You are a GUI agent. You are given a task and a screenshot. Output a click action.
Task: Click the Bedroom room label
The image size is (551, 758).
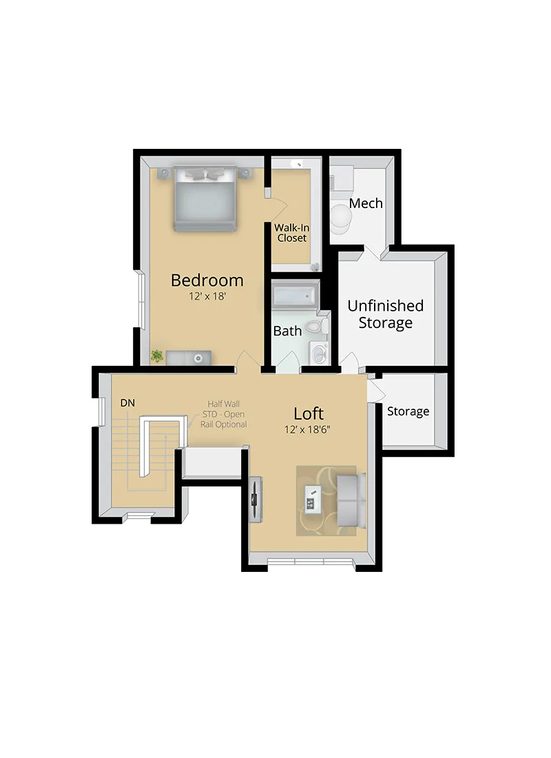(x=207, y=280)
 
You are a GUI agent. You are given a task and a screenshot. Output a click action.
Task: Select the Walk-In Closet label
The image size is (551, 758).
(x=291, y=232)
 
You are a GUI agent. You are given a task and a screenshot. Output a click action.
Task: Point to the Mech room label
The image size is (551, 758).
(x=366, y=203)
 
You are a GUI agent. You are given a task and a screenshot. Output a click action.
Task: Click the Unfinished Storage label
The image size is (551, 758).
(x=385, y=314)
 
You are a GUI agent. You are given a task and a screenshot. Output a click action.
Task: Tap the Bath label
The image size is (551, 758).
(x=287, y=331)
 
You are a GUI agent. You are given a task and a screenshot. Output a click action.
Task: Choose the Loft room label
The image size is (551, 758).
(x=308, y=413)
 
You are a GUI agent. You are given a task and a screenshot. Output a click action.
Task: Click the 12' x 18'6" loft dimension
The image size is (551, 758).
(x=309, y=429)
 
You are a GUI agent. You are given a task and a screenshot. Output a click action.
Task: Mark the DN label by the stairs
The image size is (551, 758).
(x=127, y=402)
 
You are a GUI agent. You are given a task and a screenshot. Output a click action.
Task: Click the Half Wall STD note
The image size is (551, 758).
(x=227, y=414)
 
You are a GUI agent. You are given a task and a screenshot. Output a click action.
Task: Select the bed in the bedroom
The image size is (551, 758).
(x=205, y=200)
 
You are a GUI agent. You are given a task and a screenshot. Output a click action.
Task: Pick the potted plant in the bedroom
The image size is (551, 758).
(x=158, y=356)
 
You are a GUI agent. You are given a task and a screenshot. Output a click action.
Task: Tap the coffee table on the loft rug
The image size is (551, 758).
(x=313, y=498)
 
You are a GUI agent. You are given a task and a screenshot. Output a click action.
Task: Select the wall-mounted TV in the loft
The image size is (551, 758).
(x=256, y=499)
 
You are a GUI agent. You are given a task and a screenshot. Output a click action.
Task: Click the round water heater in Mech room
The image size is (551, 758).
(x=340, y=216)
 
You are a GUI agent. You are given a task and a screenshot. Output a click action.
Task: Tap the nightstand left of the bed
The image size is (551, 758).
(x=164, y=173)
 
